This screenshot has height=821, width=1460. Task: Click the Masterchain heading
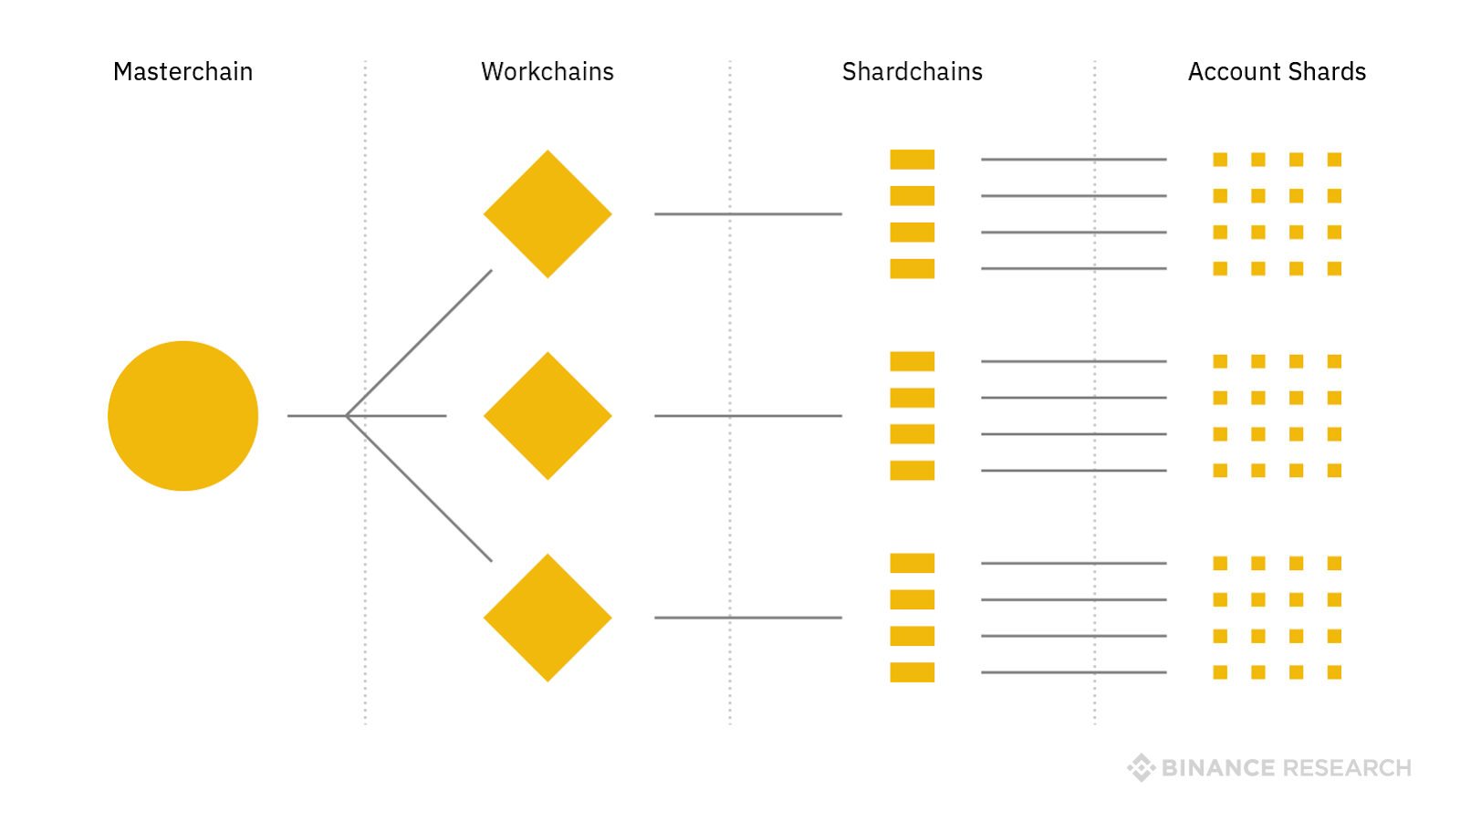click(x=182, y=72)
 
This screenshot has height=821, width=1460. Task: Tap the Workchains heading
click(x=547, y=72)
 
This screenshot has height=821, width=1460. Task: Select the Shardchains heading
click(x=912, y=72)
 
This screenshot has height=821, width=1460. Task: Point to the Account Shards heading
click(x=1277, y=72)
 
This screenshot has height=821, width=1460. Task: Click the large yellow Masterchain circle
click(x=182, y=416)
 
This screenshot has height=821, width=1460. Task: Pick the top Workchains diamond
click(x=547, y=214)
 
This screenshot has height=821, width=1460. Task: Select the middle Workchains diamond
click(x=547, y=416)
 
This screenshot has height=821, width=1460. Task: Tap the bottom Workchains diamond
click(x=547, y=618)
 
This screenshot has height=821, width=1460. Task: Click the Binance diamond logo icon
click(x=1141, y=768)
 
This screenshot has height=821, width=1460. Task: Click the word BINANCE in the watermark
click(x=1217, y=768)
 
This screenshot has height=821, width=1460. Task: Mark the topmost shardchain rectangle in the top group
click(x=912, y=160)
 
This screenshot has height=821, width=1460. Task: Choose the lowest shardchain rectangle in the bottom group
click(x=912, y=672)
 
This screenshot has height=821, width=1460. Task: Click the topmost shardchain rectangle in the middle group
click(x=912, y=361)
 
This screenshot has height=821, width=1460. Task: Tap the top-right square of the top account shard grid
click(x=1334, y=160)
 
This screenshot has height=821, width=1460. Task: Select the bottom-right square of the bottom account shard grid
click(x=1334, y=672)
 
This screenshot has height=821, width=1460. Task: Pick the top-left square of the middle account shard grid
click(x=1220, y=361)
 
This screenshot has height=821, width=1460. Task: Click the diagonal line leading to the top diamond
click(x=420, y=343)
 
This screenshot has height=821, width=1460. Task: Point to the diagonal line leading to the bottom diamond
click(x=420, y=489)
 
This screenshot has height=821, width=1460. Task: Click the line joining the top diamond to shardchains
click(x=748, y=214)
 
